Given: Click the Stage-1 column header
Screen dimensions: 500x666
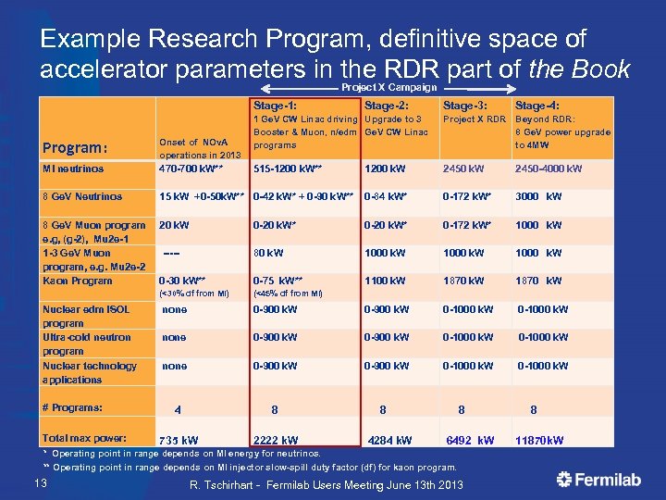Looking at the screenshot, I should pyautogui.click(x=275, y=106).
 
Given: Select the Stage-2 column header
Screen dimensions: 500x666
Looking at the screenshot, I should pyautogui.click(x=388, y=106).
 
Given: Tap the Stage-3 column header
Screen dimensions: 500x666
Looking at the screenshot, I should pyautogui.click(x=466, y=106).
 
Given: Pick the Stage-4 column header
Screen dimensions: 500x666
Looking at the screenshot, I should pyautogui.click(x=537, y=106).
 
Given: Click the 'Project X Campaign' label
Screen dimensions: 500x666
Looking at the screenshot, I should pyautogui.click(x=388, y=87).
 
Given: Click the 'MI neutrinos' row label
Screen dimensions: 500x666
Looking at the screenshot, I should pyautogui.click(x=74, y=169).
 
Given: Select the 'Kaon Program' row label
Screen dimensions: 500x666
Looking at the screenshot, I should pyautogui.click(x=79, y=281).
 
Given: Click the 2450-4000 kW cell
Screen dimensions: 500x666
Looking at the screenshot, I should pyautogui.click(x=549, y=169).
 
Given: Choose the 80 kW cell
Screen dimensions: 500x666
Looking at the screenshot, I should pyautogui.click(x=268, y=253).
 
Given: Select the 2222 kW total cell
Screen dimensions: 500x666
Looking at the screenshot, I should pyautogui.click(x=276, y=440).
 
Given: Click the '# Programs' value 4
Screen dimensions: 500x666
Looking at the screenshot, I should pyautogui.click(x=178, y=409).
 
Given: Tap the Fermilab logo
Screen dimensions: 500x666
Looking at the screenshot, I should pyautogui.click(x=601, y=479).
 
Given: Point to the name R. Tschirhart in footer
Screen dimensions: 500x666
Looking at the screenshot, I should pyautogui.click(x=226, y=485).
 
